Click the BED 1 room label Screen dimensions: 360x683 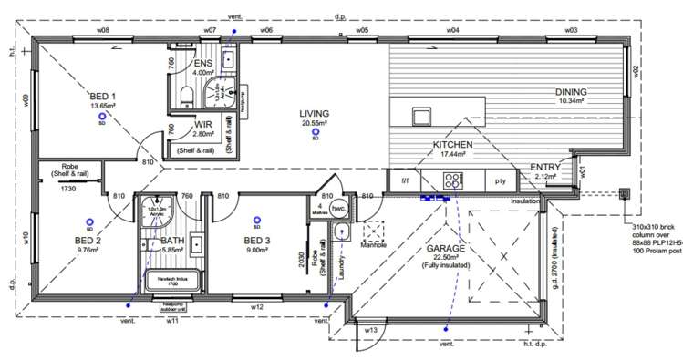click(103, 96)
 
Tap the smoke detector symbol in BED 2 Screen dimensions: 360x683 click(89, 221)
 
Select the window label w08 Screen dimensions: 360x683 click(103, 30)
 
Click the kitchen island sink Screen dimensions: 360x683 click(421, 117)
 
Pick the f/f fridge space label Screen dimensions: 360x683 click(406, 180)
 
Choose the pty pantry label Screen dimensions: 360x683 click(500, 180)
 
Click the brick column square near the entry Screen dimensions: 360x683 click(625, 193)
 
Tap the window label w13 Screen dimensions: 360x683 click(371, 329)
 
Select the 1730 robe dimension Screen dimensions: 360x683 click(67, 188)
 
